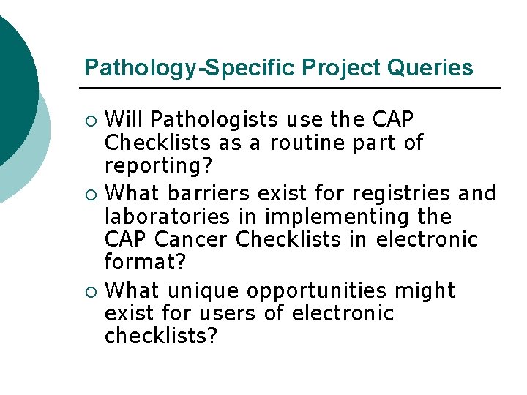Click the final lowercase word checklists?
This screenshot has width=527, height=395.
[x=161, y=337]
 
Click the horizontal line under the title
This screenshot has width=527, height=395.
[x=293, y=89]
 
